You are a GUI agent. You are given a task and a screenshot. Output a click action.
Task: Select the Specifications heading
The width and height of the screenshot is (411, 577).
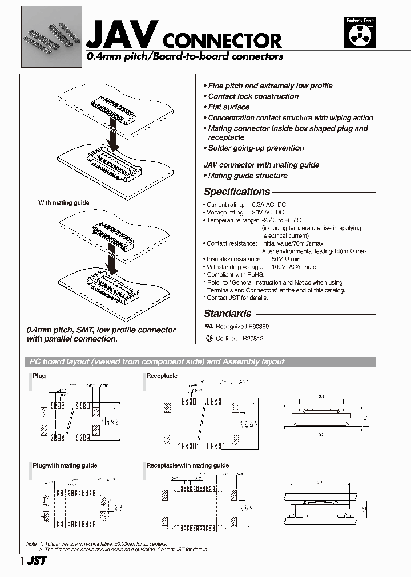tap(236, 192)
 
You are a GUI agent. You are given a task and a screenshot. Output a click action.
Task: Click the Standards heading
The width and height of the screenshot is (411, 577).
tap(227, 314)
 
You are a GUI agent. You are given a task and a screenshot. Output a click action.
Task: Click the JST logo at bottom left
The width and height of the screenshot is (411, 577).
tap(36, 561)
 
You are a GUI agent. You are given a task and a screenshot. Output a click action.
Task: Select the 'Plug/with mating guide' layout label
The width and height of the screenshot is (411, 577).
tap(65, 466)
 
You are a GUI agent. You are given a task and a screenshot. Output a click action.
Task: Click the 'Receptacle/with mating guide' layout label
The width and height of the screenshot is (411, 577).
tap(187, 466)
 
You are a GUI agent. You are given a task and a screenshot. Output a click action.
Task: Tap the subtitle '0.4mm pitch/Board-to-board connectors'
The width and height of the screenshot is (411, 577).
tap(184, 57)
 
